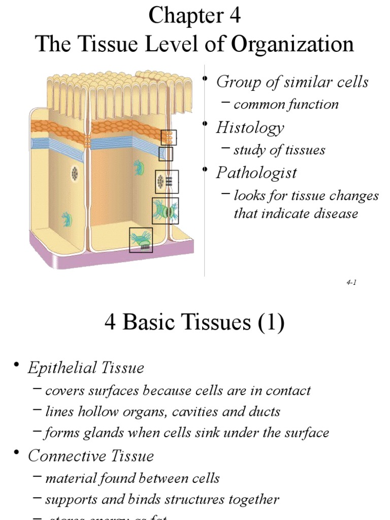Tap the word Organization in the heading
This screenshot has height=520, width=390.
click(x=292, y=44)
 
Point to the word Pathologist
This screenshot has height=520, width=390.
click(x=256, y=173)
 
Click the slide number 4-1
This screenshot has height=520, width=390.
click(x=351, y=283)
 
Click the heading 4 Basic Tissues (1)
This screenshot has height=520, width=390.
click(x=194, y=322)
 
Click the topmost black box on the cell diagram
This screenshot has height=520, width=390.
click(x=169, y=137)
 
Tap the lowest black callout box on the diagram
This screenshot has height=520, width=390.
click(x=141, y=240)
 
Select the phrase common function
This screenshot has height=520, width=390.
click(x=286, y=105)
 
